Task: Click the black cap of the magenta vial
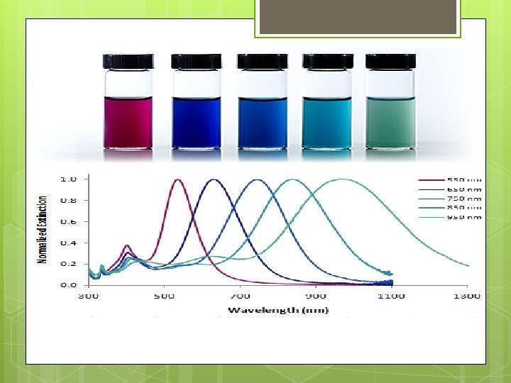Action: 128,62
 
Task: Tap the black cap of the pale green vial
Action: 390,62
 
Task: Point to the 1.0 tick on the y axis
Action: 69,179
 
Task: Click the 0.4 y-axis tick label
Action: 69,243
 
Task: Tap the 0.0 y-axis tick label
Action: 69,284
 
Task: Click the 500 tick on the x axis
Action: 164,296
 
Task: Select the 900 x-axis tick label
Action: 316,296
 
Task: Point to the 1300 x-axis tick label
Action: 466,296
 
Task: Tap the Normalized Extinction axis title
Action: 43,231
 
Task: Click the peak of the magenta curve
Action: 177,180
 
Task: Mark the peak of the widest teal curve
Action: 344,179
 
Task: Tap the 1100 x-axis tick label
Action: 391,296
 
